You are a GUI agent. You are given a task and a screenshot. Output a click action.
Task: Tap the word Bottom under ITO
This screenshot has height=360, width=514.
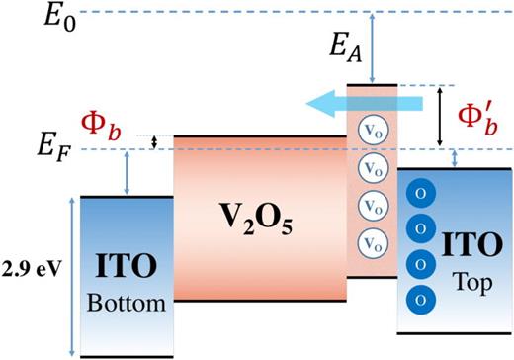pos(127,304)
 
